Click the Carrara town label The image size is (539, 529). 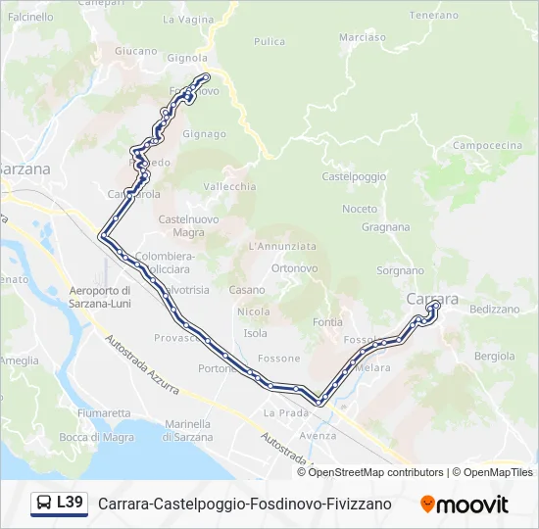click(430, 297)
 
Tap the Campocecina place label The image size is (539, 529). click(487, 145)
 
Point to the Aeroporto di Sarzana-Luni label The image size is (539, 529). click(100, 297)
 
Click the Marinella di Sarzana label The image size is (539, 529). click(188, 429)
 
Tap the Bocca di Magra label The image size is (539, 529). click(96, 437)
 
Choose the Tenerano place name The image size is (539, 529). click(434, 16)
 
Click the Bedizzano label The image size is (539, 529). click(494, 309)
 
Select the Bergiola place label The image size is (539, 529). click(494, 356)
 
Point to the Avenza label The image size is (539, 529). click(318, 435)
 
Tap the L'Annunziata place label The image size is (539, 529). click(282, 246)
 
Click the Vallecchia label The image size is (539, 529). click(229, 186)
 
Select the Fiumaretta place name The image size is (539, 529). click(103, 412)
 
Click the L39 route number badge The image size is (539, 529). click(70, 503)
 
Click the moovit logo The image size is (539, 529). click(465, 504)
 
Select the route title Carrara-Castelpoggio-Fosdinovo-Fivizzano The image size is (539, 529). click(244, 504)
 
